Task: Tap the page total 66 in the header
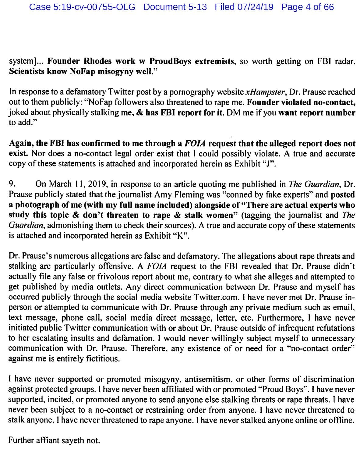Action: point(328,7)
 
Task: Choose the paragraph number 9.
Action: point(12,184)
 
